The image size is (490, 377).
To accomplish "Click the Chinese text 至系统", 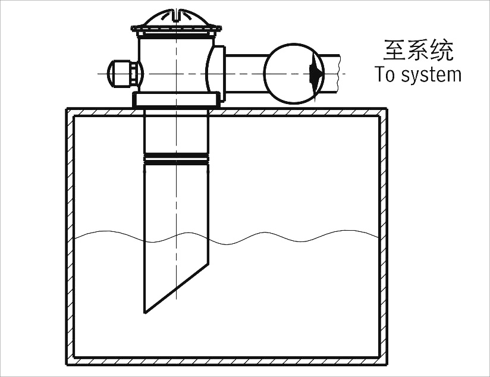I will (x=418, y=51).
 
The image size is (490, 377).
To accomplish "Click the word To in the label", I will (x=385, y=75).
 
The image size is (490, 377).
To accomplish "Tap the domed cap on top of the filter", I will (x=176, y=17).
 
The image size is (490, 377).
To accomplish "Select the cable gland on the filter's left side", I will (x=122, y=73).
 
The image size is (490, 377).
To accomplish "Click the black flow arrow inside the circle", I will (x=316, y=73).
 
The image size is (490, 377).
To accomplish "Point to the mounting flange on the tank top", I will (x=176, y=100).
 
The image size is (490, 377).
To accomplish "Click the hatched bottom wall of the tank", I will (x=226, y=362).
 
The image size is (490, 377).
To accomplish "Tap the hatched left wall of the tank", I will (x=70, y=238).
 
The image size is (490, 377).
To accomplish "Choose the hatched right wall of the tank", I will (x=384, y=238).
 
